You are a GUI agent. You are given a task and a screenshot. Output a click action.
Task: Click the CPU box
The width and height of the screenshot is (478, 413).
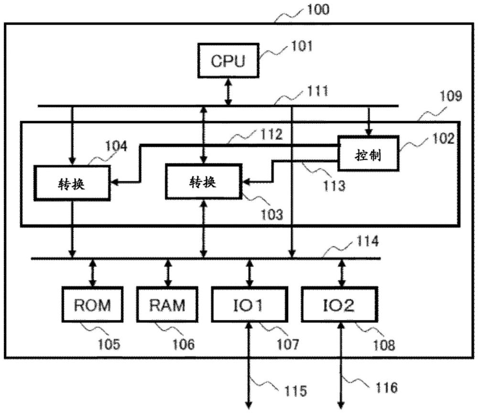coord(228,61)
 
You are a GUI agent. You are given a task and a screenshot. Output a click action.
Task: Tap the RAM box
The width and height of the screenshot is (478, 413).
coord(167,304)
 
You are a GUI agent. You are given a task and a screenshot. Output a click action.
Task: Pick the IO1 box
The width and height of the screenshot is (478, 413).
coord(249,304)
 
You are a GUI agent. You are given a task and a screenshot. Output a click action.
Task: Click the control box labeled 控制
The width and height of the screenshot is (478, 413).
coord(368,153)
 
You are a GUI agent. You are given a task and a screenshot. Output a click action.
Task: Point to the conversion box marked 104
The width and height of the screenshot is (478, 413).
coord(72,183)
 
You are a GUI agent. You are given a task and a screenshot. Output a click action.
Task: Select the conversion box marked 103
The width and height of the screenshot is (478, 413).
coord(204,181)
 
